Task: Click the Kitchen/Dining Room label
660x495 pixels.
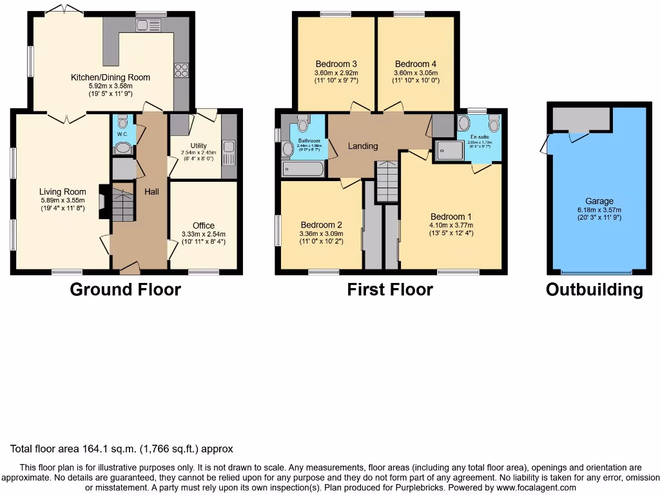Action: [x=110, y=77]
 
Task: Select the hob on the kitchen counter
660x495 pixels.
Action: [x=180, y=70]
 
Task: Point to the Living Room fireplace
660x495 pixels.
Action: [x=103, y=202]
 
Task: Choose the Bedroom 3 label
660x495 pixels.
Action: [x=336, y=64]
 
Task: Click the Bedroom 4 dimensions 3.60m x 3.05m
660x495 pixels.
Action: [x=416, y=73]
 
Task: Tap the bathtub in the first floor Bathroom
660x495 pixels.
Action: [x=303, y=169]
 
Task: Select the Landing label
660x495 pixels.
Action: [x=363, y=146]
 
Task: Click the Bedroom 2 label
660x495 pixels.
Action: [x=321, y=225]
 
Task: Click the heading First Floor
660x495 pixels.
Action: [x=390, y=289]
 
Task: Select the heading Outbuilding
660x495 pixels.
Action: [x=594, y=289]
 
